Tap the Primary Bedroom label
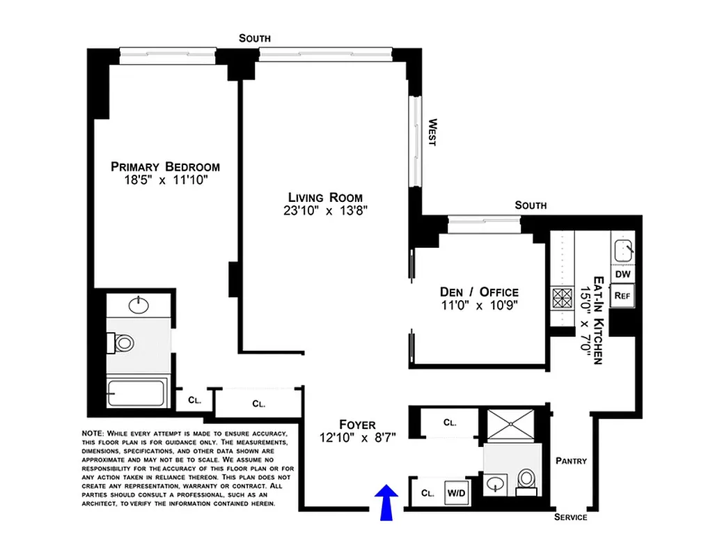[165, 167]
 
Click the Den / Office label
[479, 292]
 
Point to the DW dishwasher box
[622, 275]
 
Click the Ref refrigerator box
[622, 295]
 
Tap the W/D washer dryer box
[457, 493]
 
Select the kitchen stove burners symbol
[560, 298]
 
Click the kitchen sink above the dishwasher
[622, 249]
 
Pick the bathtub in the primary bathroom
[136, 393]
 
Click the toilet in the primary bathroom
[123, 343]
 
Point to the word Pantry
[571, 461]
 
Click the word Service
[570, 517]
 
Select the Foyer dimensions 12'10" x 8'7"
[357, 438]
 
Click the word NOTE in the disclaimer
[92, 433]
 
